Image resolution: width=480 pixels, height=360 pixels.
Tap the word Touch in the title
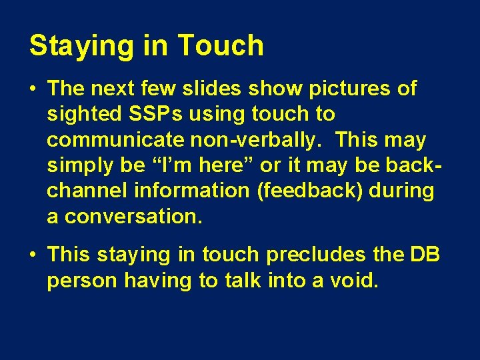[x=221, y=45]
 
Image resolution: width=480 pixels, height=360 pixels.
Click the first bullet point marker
[x=34, y=89]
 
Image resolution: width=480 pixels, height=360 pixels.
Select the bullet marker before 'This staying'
[x=34, y=255]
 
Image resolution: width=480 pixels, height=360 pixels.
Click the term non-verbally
[x=251, y=140]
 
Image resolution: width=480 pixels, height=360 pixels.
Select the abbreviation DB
[x=425, y=254]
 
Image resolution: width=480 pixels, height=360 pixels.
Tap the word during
[x=402, y=191]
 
